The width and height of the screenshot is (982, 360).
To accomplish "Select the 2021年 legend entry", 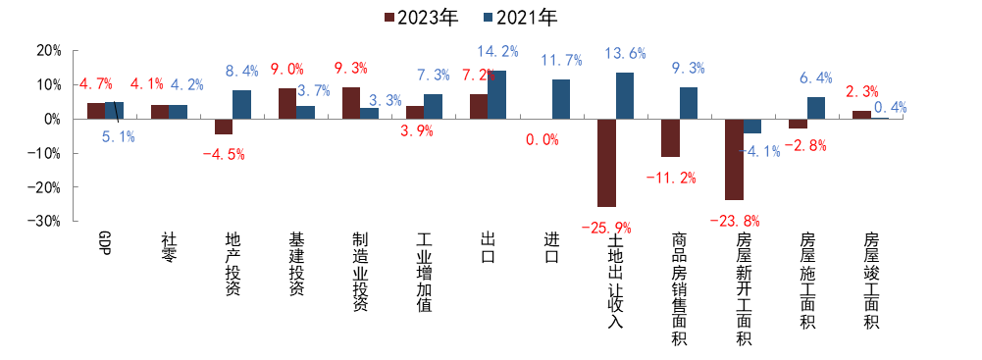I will pyautogui.click(x=525, y=17).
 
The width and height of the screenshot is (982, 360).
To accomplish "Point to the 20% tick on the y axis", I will pyautogui.click(x=47, y=51).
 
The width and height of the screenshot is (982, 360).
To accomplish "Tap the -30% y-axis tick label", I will pyautogui.click(x=44, y=222).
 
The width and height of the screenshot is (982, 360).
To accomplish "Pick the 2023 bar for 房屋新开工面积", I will pyautogui.click(x=734, y=159).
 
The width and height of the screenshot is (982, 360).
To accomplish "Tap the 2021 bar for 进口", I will pyautogui.click(x=561, y=99).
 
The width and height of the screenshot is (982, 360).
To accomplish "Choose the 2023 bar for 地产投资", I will pyautogui.click(x=224, y=127).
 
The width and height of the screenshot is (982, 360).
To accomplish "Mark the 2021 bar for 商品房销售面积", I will pyautogui.click(x=689, y=103).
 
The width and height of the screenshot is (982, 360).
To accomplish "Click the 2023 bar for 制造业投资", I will pyautogui.click(x=351, y=103).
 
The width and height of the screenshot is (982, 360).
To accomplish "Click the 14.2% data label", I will pyautogui.click(x=496, y=51).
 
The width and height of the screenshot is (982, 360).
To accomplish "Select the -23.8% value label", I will pyautogui.click(x=735, y=221).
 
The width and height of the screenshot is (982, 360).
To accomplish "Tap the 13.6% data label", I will pyautogui.click(x=625, y=53).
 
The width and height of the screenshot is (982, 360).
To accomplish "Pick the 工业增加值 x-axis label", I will pyautogui.click(x=424, y=272).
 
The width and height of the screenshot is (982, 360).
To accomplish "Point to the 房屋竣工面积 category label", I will pyautogui.click(x=870, y=280).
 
